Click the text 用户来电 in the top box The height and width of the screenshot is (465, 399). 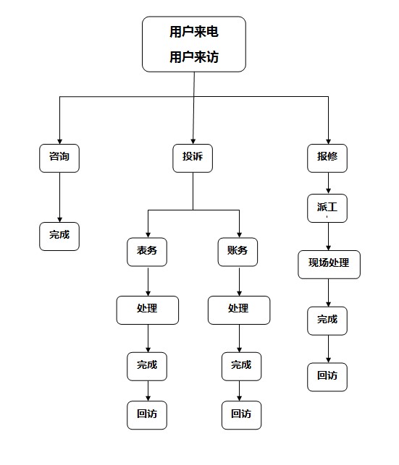pos(193,32)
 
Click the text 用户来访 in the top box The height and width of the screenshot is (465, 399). pos(193,56)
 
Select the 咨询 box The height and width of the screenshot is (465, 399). pos(59,158)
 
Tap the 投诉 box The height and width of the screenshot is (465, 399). pos(193,158)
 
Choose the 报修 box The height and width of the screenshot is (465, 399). pos(327,158)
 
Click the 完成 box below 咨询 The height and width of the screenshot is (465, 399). pos(59,236)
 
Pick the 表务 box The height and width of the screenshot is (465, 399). pos(147,251)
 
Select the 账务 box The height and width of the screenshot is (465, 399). pos(238,251)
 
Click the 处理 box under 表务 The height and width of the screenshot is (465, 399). pos(147,310)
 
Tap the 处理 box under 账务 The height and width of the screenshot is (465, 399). pos(238,310)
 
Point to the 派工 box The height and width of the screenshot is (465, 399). pos(327,208)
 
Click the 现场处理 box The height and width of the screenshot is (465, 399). pos(329,264)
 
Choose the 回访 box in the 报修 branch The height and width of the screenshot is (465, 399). pos(327,376)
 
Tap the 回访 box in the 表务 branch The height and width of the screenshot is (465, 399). pos(147,414)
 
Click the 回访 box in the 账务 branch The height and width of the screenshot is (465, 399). pos(241,414)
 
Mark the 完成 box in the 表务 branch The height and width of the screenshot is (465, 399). pos(147,365)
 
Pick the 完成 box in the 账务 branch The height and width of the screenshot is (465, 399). pos(241,365)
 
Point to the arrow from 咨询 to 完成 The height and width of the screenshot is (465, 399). pos(59,197)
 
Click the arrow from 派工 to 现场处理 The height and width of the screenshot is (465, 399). pos(328,236)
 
